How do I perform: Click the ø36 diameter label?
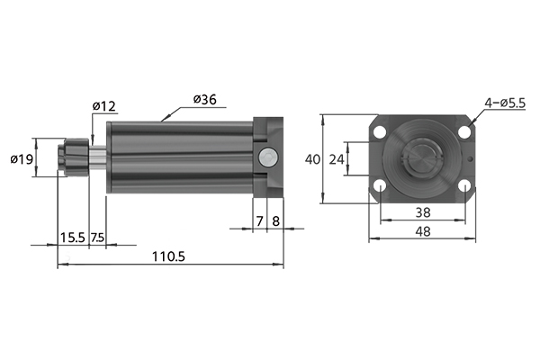[205, 100]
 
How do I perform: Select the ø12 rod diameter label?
[104, 106]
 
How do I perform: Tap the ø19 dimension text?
[22, 159]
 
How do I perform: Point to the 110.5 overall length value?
[168, 256]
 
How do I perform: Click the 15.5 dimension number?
[72, 238]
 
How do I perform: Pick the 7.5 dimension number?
[97, 238]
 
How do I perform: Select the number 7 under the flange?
[260, 221]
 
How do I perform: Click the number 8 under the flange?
[276, 221]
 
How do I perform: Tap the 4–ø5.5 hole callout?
[505, 103]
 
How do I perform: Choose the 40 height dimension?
[312, 159]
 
